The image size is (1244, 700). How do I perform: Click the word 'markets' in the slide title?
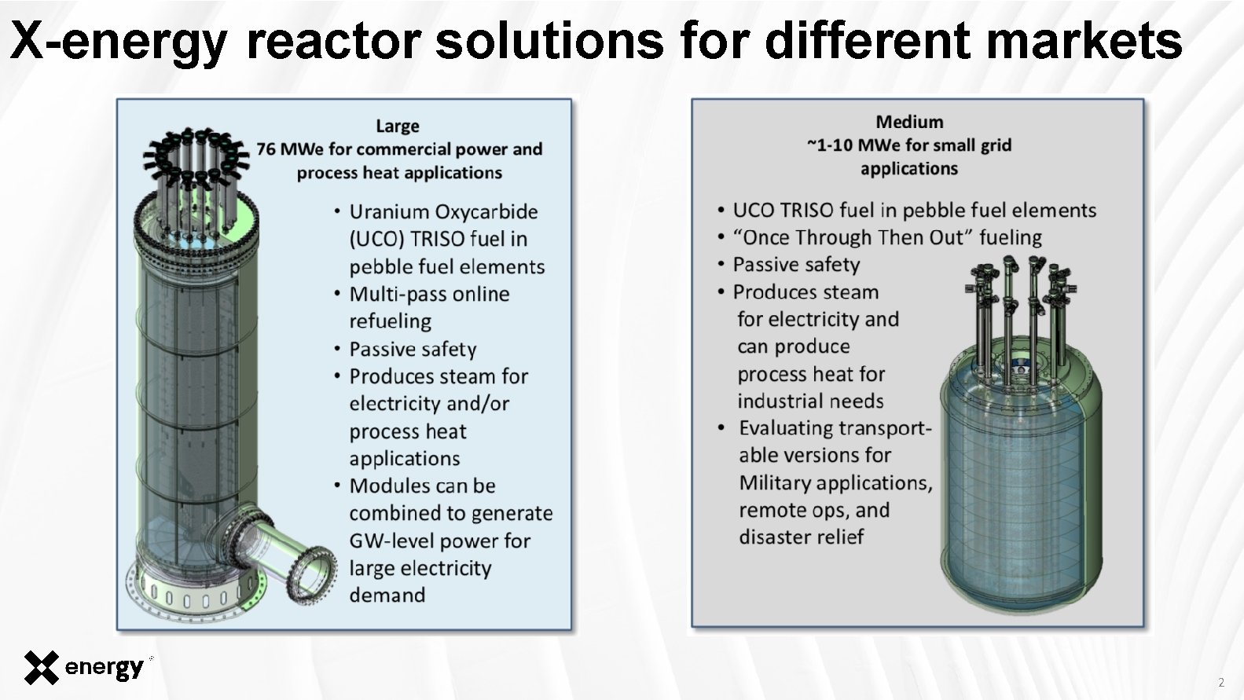1084,40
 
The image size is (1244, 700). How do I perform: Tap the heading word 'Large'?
397,126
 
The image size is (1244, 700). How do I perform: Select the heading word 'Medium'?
909,122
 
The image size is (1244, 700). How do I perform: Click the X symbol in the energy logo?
41,668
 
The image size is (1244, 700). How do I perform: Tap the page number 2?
1220,682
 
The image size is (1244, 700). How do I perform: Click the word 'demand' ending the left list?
387,595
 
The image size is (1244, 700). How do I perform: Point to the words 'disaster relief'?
801,537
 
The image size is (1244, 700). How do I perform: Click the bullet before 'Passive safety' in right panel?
721,266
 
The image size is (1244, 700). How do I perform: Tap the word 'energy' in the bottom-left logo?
104,669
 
